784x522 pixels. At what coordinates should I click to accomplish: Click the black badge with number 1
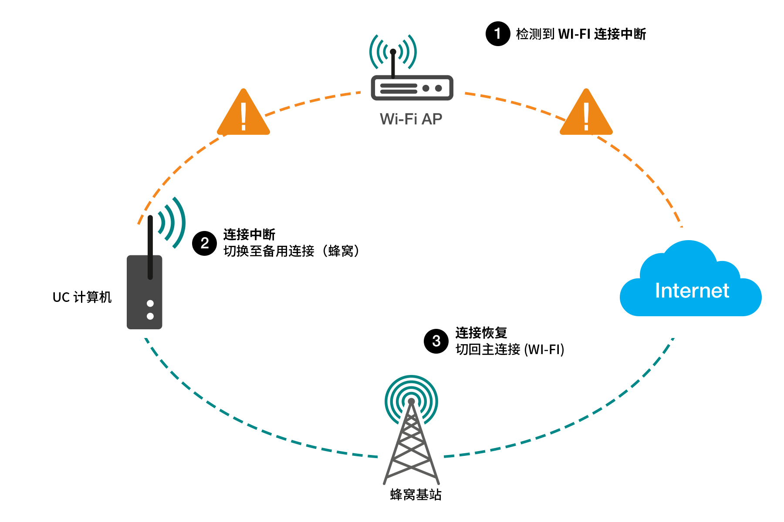point(498,34)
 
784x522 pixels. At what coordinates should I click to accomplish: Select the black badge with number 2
point(204,243)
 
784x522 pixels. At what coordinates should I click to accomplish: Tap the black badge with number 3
point(436,341)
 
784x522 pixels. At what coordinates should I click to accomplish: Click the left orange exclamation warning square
point(243,111)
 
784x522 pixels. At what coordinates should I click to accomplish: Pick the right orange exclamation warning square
point(586,111)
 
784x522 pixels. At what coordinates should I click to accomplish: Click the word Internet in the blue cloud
point(692,291)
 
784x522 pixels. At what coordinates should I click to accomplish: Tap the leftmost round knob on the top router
point(426,88)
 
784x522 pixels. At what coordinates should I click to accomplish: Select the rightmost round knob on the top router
point(439,88)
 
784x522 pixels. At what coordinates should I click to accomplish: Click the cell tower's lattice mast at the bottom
point(411,448)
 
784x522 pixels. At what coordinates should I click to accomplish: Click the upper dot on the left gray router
point(150,303)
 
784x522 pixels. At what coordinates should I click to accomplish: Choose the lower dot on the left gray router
point(150,316)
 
